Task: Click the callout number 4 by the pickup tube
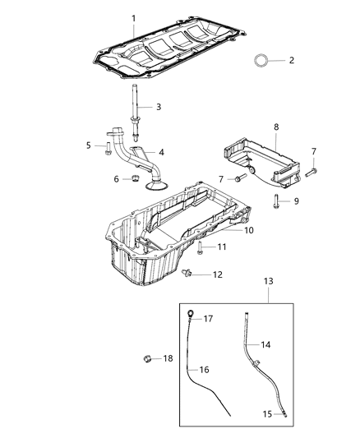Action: [161, 152]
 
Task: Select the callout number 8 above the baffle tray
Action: [276, 127]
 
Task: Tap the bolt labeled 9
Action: [278, 201]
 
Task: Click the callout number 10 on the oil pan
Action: [248, 231]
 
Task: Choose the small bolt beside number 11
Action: [200, 247]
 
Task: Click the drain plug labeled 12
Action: [191, 274]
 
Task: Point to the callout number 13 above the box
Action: [268, 281]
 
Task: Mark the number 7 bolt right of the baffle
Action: [312, 172]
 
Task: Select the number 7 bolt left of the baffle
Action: [238, 179]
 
